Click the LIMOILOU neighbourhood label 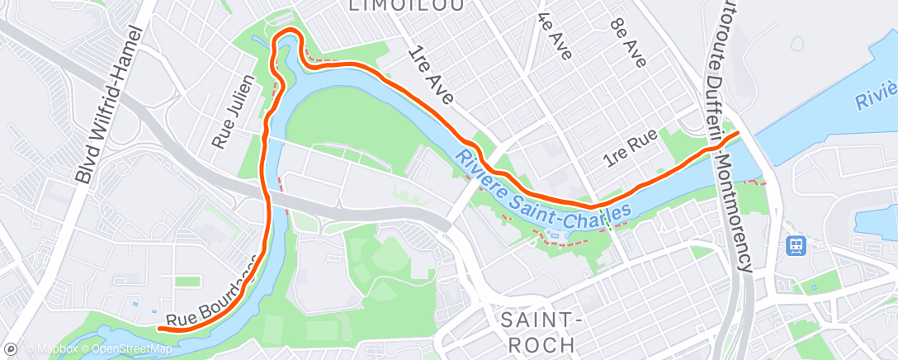pyautogui.click(x=404, y=6)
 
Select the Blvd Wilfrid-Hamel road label pyautogui.click(x=110, y=104)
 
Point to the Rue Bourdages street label pyautogui.click(x=210, y=296)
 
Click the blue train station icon pyautogui.click(x=796, y=245)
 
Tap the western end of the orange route pyautogui.click(x=158, y=328)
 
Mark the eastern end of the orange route pyautogui.click(x=737, y=132)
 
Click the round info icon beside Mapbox pyautogui.click(x=12, y=348)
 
